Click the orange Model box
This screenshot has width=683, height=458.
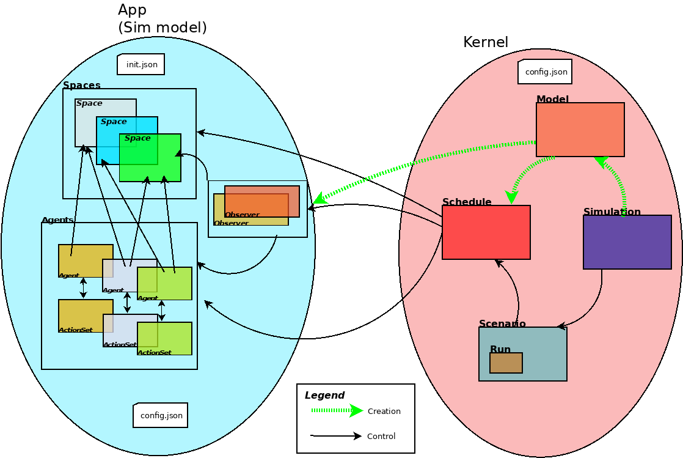click(580, 129)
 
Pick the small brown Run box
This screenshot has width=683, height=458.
click(506, 363)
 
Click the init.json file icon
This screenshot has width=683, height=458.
click(141, 64)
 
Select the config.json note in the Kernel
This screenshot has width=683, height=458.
click(545, 72)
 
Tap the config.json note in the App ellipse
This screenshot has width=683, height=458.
click(161, 415)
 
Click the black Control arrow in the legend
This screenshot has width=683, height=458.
click(336, 436)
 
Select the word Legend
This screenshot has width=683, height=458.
click(324, 396)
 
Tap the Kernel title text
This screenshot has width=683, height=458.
click(486, 42)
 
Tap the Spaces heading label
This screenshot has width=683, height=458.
click(82, 86)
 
